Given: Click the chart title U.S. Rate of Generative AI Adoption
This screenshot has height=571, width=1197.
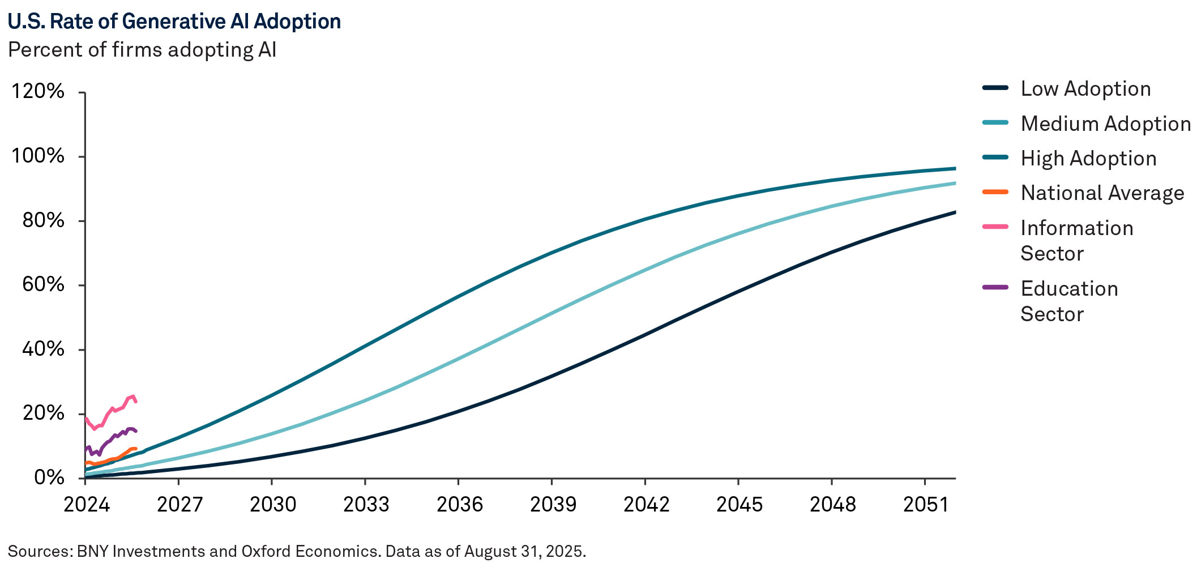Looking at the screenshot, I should coord(174,22).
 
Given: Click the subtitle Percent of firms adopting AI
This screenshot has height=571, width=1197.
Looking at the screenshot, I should coord(142,50).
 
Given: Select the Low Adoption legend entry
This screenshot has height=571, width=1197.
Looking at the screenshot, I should coord(1085,89).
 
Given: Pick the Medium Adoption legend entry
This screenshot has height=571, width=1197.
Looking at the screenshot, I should coord(1105,124).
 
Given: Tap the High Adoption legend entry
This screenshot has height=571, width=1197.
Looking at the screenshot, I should coord(1088,159).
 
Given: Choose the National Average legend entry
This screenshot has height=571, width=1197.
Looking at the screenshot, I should coord(1102,193).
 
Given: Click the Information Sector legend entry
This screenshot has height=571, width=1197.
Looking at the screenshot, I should coord(1076,240).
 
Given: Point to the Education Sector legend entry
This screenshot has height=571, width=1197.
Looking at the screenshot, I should coord(1068,301).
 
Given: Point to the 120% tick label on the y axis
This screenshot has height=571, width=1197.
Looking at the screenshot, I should coord(38,91).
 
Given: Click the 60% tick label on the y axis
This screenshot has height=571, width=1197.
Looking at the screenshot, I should coord(44,284).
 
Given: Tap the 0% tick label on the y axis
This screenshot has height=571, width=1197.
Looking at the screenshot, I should coord(49,478).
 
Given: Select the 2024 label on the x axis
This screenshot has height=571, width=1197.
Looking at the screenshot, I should coord(86,504).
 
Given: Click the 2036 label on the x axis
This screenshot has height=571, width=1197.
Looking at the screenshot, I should coord(459,504).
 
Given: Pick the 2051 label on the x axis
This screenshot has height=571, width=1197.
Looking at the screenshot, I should coord(925,504).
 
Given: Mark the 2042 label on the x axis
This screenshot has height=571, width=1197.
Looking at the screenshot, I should coord(645,504).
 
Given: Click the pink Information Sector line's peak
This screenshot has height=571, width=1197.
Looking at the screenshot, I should coord(132,397).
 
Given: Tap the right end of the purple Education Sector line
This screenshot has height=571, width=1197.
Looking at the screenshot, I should coord(136,431).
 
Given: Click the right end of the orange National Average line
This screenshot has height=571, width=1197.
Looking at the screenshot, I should coord(136,449).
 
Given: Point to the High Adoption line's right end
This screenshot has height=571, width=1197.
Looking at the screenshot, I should coord(955,168).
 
